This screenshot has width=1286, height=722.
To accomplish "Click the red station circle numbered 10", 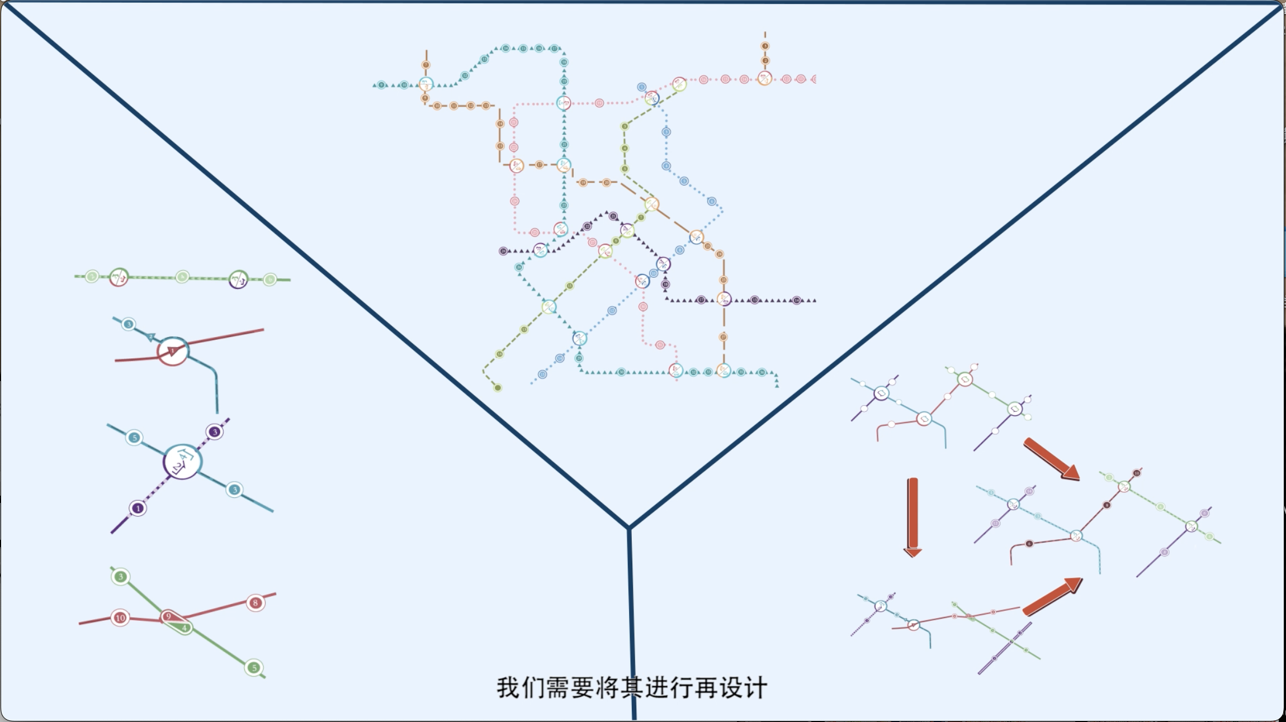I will point(120,617).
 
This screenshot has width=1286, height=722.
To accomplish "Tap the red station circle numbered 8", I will point(256,603).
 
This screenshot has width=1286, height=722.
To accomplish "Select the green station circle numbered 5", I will point(254,668).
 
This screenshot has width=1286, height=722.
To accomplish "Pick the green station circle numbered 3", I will point(120,576).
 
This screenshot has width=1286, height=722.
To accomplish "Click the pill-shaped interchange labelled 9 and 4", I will point(176,622).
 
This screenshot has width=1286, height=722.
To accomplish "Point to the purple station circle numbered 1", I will point(138,509).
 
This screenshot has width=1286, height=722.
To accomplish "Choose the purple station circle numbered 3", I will point(215,432).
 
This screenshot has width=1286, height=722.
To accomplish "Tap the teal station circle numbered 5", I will point(134,438).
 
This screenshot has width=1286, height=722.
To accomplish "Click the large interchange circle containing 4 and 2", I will point(182,462).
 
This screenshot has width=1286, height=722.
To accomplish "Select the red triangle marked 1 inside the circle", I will point(173,351).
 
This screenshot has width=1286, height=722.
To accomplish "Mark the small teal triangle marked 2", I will point(151,337).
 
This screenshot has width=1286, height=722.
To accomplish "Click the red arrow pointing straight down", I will point(913,517).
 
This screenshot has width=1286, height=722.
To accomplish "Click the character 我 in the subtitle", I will point(508,688).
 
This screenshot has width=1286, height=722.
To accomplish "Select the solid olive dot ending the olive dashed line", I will point(498,388).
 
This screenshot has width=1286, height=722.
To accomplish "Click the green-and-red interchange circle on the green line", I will point(119,277).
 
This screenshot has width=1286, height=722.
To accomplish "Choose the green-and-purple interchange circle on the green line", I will point(238,279).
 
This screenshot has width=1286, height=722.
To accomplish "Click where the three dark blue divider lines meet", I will point(629,527).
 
